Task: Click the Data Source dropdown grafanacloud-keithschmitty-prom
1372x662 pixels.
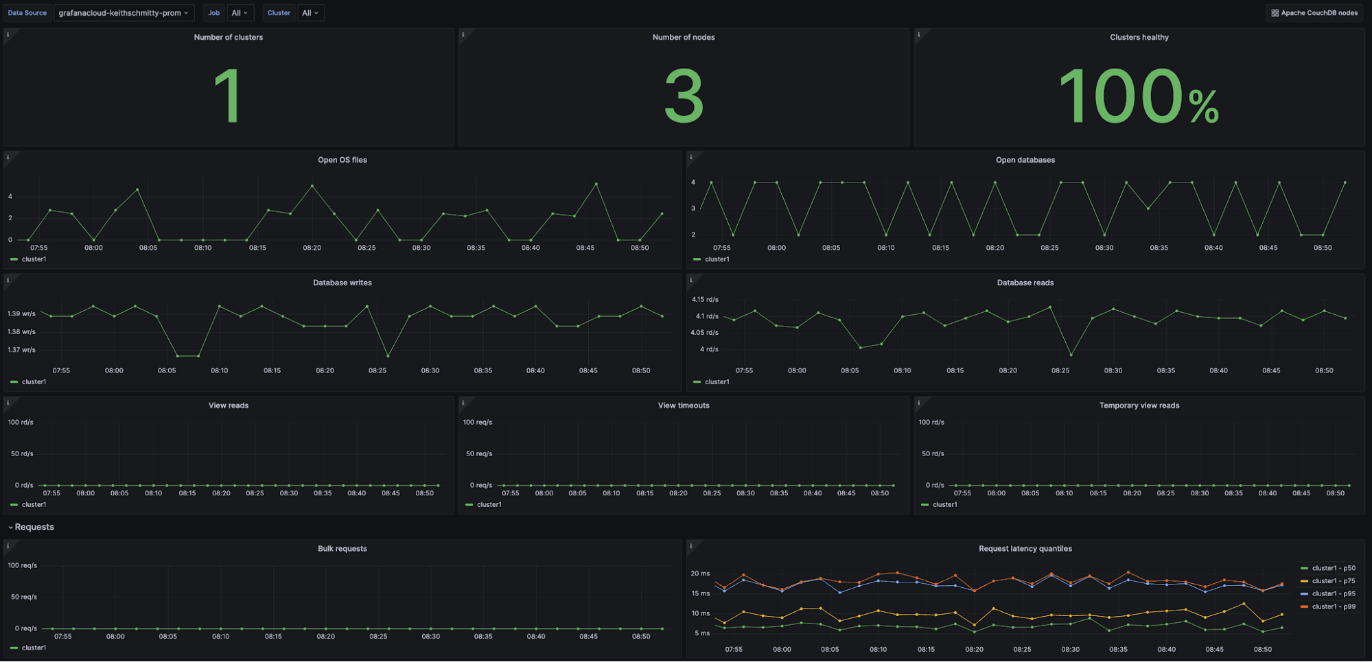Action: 124,13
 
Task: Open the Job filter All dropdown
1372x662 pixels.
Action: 240,13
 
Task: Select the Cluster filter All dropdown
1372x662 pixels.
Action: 310,13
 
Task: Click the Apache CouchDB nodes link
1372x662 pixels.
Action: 1314,13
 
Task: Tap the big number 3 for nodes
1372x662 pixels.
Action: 684,97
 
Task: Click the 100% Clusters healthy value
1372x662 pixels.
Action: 1139,97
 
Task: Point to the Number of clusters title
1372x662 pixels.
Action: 229,38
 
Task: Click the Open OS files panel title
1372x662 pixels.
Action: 342,160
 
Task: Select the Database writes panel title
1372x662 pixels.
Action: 342,283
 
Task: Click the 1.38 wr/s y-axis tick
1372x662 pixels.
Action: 21,332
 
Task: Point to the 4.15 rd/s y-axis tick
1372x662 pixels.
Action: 705,300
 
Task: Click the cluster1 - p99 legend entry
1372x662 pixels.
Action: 1333,607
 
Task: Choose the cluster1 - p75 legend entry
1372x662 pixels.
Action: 1333,581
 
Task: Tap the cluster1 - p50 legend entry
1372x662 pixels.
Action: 1333,569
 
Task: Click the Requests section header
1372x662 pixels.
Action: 34,528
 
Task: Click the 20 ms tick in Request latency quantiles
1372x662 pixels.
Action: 700,574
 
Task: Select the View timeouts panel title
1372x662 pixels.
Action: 684,405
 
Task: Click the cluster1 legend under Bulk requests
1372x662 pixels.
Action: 33,648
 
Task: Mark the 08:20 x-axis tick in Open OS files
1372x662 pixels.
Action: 312,248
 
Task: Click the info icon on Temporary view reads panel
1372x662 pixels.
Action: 918,403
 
